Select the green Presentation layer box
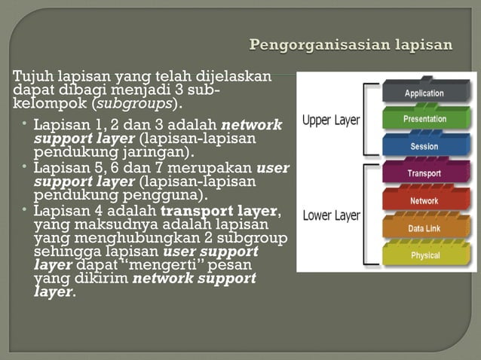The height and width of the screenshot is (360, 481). click(x=424, y=118)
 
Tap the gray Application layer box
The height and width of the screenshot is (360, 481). click(x=424, y=93)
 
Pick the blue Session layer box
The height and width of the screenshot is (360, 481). click(x=424, y=145)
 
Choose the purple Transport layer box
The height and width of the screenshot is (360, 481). click(x=424, y=173)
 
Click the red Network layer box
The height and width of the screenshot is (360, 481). click(x=424, y=200)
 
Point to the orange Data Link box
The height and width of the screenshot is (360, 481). click(x=424, y=227)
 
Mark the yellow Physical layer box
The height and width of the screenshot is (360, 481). click(x=424, y=255)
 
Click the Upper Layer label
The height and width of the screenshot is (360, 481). click(x=331, y=120)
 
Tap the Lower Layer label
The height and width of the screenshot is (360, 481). click(x=331, y=215)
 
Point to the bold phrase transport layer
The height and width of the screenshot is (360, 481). click(x=219, y=210)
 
